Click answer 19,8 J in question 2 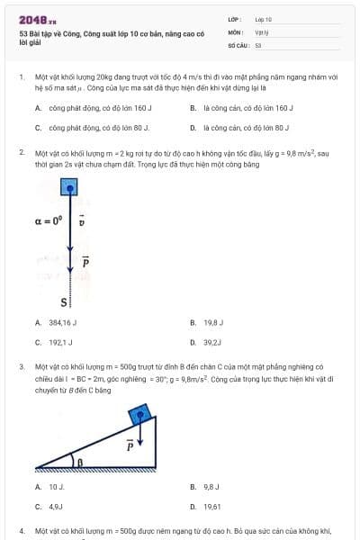pos(212,321)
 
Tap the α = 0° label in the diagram pos(49,219)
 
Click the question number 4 pos(22,531)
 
